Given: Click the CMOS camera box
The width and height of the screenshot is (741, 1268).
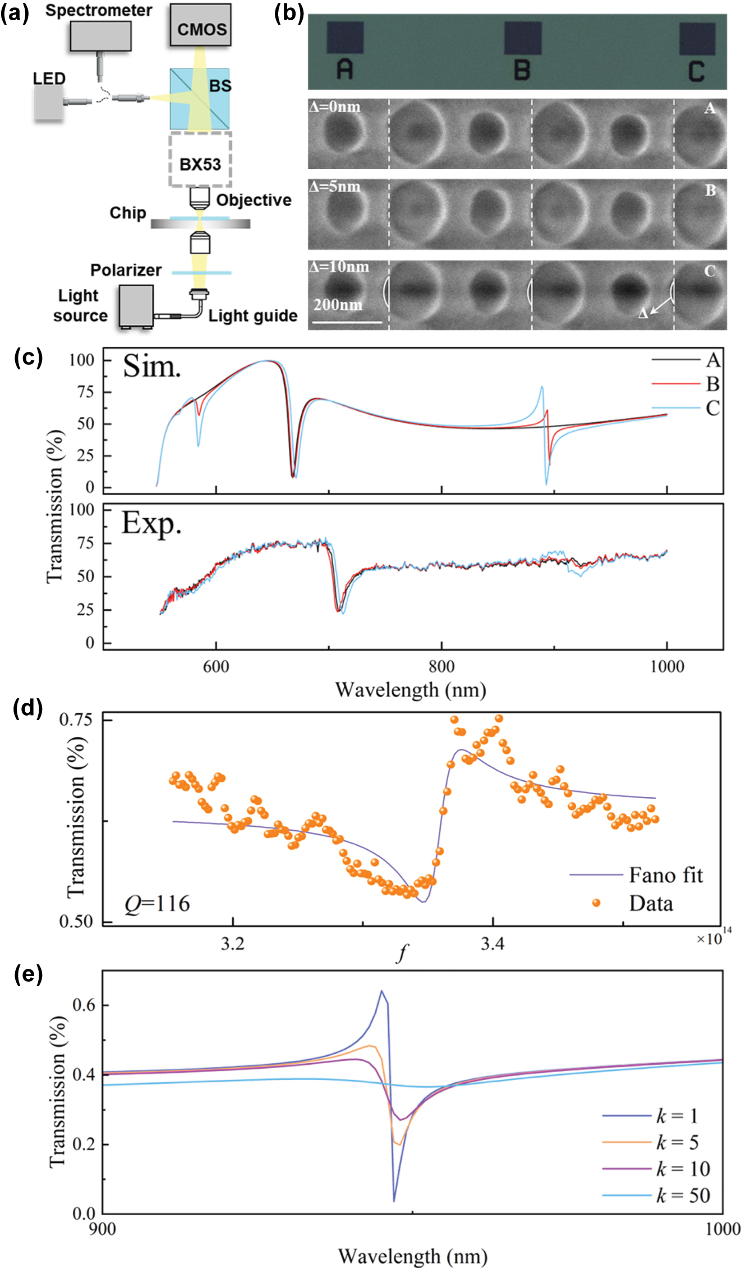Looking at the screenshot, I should pos(201,25).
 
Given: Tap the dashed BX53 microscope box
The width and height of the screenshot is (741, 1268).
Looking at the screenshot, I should pos(200,160).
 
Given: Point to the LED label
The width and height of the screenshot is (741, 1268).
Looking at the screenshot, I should pos(49,78).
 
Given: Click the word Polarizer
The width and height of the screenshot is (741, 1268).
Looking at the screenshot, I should pos(126,270).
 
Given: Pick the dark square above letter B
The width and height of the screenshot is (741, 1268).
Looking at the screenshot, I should pos(522,38).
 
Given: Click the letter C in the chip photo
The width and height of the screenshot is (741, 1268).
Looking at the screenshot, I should pos(696,72).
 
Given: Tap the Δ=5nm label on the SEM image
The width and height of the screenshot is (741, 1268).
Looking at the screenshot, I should pos(335,186).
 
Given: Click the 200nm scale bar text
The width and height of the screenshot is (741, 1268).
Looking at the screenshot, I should pos(338,304).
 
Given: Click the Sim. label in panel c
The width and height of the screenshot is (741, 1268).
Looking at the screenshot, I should pos(152,367).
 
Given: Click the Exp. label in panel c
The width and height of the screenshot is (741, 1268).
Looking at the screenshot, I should pos(151,523).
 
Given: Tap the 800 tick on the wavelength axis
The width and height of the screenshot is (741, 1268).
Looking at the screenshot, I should pos(441,666).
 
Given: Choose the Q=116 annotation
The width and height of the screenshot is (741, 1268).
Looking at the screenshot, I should pos(157,903).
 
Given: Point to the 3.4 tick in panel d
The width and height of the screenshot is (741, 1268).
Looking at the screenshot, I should pos(493,944).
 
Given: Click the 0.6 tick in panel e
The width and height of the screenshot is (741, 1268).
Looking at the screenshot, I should pos(84,1004).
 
